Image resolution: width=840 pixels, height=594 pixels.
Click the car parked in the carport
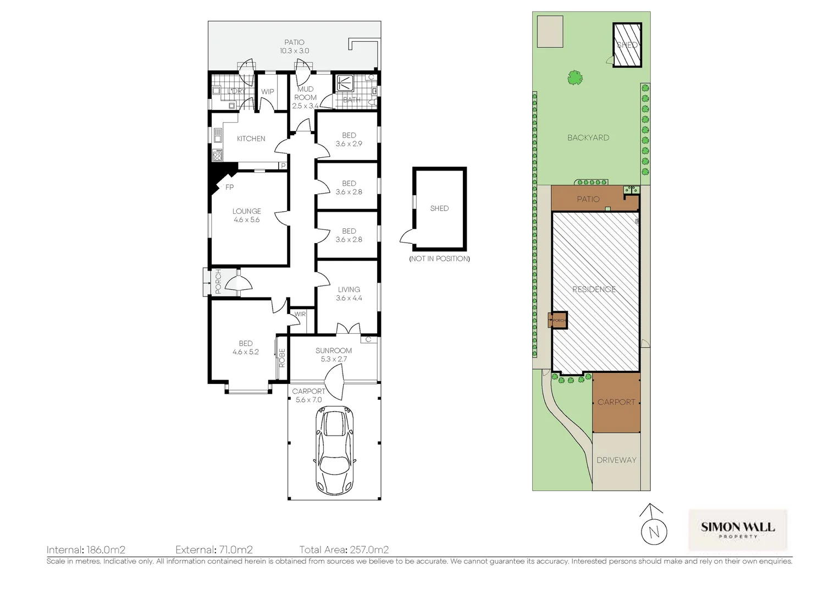[334, 449]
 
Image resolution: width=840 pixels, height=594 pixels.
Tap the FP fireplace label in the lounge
[230, 188]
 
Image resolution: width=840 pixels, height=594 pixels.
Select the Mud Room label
[305, 97]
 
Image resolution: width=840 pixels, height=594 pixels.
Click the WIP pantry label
[267, 92]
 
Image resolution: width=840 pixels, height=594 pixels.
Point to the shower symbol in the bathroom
[345, 84]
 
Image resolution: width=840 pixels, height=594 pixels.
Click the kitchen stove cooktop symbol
[217, 156]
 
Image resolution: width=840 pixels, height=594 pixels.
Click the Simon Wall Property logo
[738, 529]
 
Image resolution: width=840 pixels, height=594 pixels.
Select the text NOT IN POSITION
[439, 258]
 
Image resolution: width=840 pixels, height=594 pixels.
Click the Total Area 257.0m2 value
[368, 549]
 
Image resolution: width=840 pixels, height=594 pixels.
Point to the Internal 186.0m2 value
[106, 549]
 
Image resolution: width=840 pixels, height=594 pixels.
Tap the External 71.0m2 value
[234, 549]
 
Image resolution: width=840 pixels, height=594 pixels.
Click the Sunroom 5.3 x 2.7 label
[334, 355]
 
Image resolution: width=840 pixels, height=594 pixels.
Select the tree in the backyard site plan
[575, 78]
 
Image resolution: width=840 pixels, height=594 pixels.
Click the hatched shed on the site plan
[627, 46]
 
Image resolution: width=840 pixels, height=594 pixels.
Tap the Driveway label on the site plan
[616, 460]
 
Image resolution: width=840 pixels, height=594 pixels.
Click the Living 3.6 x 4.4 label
[349, 294]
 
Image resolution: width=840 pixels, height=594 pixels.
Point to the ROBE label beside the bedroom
[282, 359]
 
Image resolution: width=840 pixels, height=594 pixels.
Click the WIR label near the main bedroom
[300, 315]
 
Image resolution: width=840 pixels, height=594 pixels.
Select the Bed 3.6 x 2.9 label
[349, 139]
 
